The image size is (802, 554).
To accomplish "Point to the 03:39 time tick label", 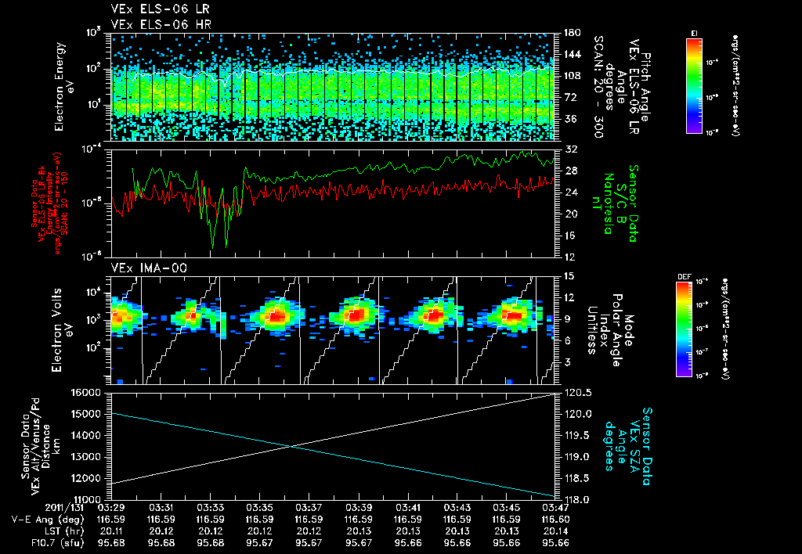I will click(359, 508).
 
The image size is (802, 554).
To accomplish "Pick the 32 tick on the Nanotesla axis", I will click(569, 149).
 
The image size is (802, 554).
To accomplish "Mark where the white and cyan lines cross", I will click(291, 447).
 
